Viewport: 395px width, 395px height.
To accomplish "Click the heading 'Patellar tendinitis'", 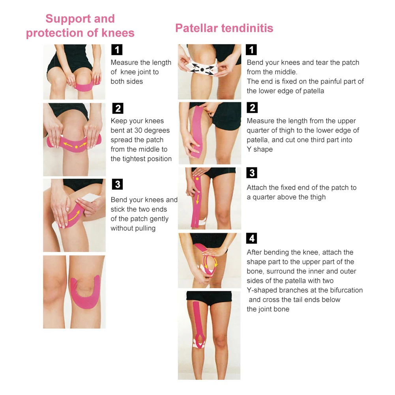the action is [224, 28].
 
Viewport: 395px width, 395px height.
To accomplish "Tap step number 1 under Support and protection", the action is [117, 50].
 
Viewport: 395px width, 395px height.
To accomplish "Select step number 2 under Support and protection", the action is [117, 108].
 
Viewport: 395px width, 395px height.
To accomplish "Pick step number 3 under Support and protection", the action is [117, 184].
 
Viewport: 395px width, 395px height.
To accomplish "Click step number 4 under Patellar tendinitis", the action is [252, 238].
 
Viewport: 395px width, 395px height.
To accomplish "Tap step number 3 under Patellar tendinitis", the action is [252, 173].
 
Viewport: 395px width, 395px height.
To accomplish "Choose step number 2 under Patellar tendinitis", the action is [252, 108].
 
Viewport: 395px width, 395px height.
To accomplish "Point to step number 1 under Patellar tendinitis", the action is [251, 50].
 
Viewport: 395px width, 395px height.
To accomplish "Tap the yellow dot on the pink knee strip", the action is [76, 147].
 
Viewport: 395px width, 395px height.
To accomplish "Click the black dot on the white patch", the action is [202, 70].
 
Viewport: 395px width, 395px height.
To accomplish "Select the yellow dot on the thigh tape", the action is [197, 179].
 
